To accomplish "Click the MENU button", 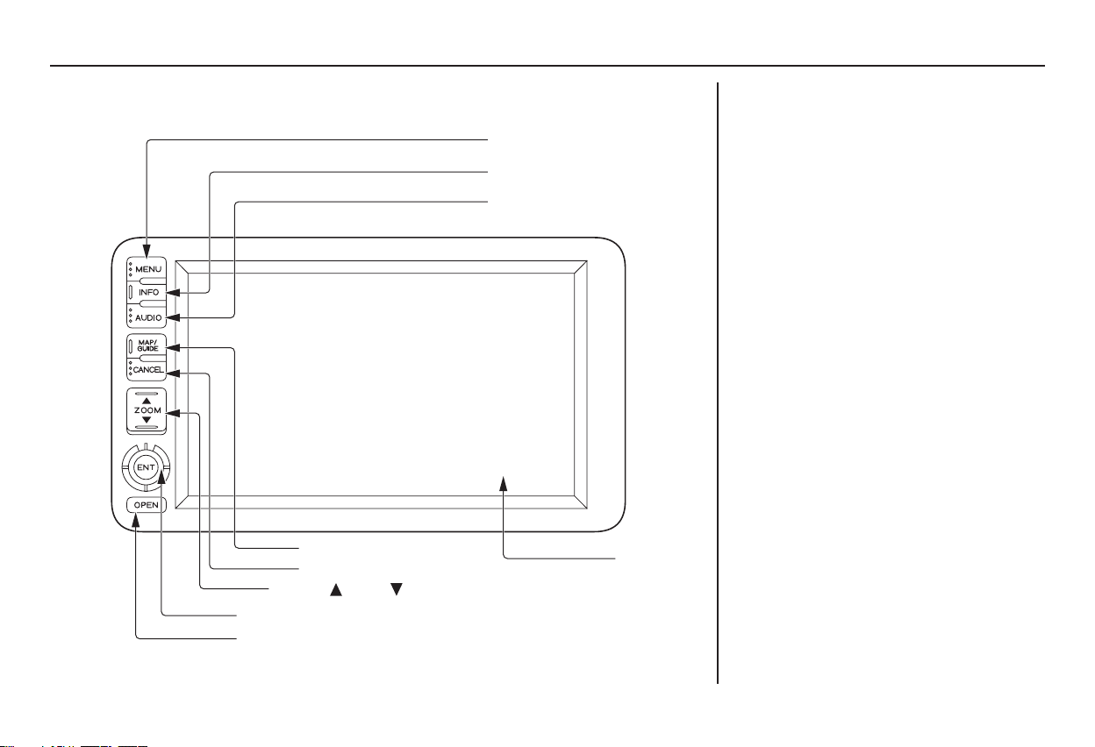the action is pyautogui.click(x=147, y=269).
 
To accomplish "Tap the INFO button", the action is pyautogui.click(x=147, y=292).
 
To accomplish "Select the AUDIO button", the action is pyautogui.click(x=147, y=317).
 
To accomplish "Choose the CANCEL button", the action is pyautogui.click(x=147, y=370).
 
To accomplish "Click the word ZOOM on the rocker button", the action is pyautogui.click(x=147, y=410).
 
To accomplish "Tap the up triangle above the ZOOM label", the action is pyautogui.click(x=147, y=401).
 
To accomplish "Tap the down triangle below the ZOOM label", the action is pyautogui.click(x=147, y=420).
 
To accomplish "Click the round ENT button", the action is pyautogui.click(x=146, y=467).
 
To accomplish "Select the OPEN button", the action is pyautogui.click(x=147, y=505).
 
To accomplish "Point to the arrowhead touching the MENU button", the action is pyautogui.click(x=147, y=251).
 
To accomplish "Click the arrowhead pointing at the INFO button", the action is pyautogui.click(x=174, y=293).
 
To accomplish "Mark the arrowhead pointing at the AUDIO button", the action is pyautogui.click(x=174, y=317).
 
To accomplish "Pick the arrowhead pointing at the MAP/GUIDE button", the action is pyautogui.click(x=174, y=348).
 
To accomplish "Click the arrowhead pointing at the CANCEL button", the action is pyautogui.click(x=174, y=373).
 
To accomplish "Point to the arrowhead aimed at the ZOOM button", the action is pyautogui.click(x=174, y=413).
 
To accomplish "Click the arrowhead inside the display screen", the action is pyautogui.click(x=503, y=484).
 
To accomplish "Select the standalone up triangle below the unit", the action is pyautogui.click(x=336, y=589).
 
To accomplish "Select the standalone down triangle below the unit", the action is pyautogui.click(x=397, y=589).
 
